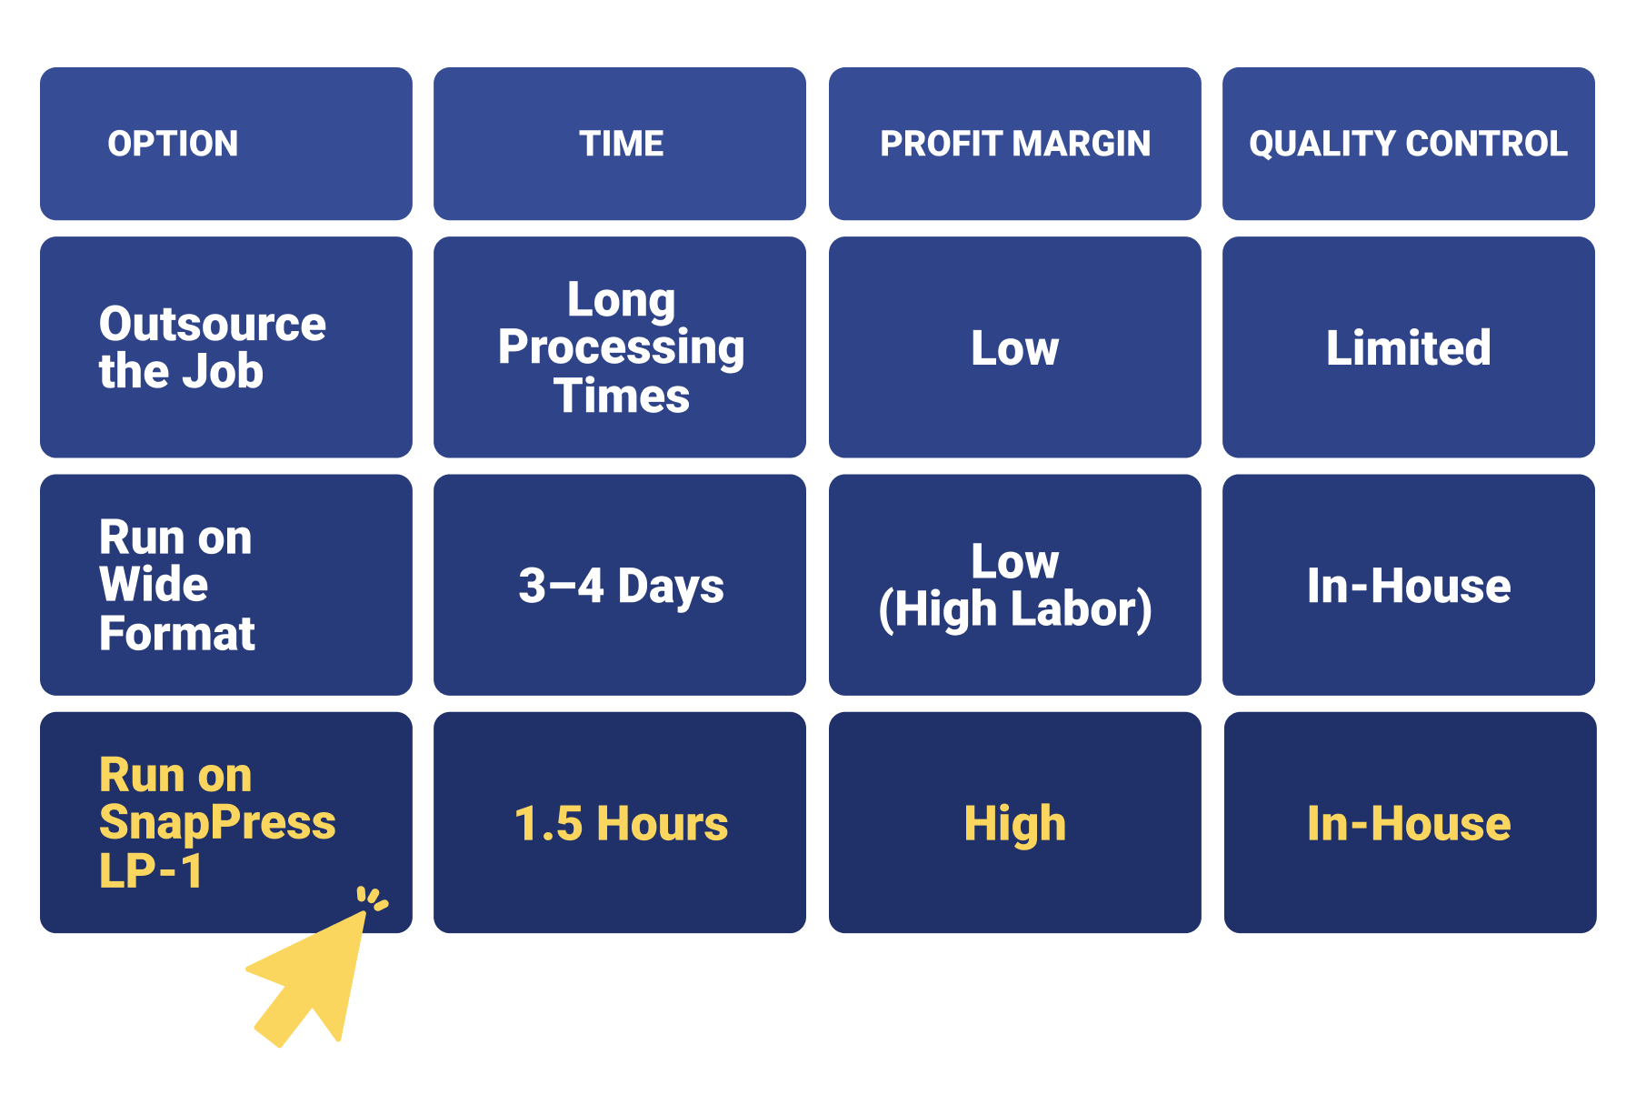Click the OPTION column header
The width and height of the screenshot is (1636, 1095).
pos(173,144)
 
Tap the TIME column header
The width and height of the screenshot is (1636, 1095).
pos(622,144)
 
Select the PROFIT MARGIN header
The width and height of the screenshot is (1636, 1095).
pos(1015,144)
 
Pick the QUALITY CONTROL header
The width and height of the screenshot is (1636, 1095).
pos(1409,144)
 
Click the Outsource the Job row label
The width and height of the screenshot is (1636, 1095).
pos(212,347)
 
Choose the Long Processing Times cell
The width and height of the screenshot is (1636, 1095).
pos(622,347)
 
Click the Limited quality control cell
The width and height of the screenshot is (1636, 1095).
pos(1409,347)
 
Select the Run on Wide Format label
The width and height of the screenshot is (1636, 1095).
pos(177,585)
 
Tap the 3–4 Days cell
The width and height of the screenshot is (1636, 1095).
pos(622,586)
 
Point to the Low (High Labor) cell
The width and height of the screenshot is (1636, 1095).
pos(1015,586)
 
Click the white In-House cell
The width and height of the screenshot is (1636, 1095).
pos(1409,586)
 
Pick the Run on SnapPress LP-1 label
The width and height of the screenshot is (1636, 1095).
pos(217,822)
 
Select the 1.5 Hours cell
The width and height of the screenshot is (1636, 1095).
pos(622,823)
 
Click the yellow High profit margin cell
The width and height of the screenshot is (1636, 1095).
pos(1015,824)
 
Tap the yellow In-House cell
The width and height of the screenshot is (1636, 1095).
pos(1409,823)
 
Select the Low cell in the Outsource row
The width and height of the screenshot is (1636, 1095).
pos(1015,347)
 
